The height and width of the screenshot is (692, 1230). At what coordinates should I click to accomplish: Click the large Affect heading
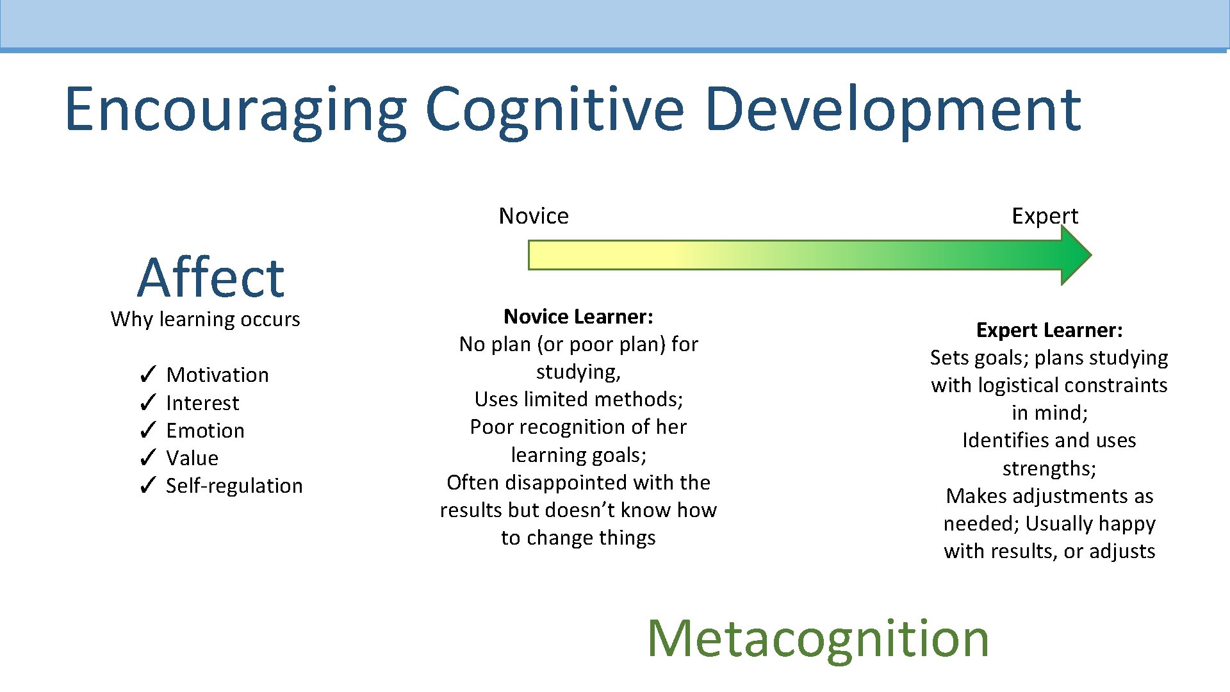[210, 277]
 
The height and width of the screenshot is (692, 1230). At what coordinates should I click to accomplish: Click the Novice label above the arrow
[534, 216]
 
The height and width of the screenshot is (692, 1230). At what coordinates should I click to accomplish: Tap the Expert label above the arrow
[1045, 216]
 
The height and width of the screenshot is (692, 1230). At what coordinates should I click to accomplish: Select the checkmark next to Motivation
[147, 374]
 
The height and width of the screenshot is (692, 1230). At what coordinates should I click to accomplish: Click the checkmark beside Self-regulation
[147, 485]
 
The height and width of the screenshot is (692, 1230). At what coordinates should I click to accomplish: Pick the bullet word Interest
[202, 403]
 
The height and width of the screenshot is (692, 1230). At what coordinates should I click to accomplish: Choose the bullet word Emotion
[205, 431]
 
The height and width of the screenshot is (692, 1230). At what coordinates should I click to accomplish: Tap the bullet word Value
[192, 458]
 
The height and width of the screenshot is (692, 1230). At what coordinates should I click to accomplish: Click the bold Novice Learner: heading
[578, 317]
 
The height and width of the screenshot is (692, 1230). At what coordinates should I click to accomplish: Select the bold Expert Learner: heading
[1049, 330]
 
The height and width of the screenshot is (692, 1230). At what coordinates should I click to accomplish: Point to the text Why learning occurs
[205, 319]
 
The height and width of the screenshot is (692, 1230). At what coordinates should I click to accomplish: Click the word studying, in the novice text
[578, 372]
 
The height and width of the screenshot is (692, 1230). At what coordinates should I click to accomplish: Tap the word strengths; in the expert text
[1049, 468]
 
